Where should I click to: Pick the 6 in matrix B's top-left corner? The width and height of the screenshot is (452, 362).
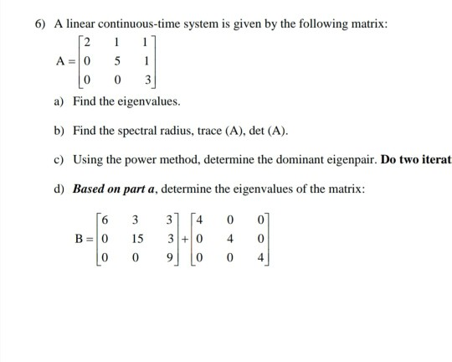(103, 221)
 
